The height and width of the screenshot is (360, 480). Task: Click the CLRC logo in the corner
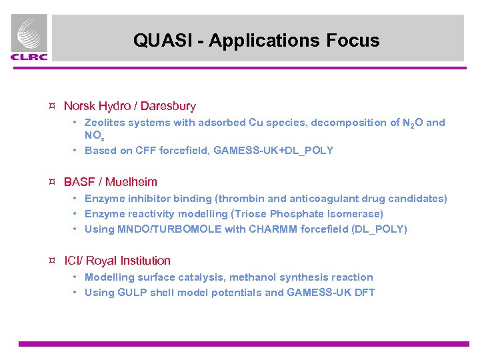[29, 39]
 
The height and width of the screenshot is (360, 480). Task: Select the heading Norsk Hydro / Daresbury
[129, 106]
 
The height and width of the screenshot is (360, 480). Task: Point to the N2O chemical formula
[411, 123]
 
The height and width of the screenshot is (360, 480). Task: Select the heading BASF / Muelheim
[110, 182]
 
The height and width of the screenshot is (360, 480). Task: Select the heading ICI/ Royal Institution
[117, 261]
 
